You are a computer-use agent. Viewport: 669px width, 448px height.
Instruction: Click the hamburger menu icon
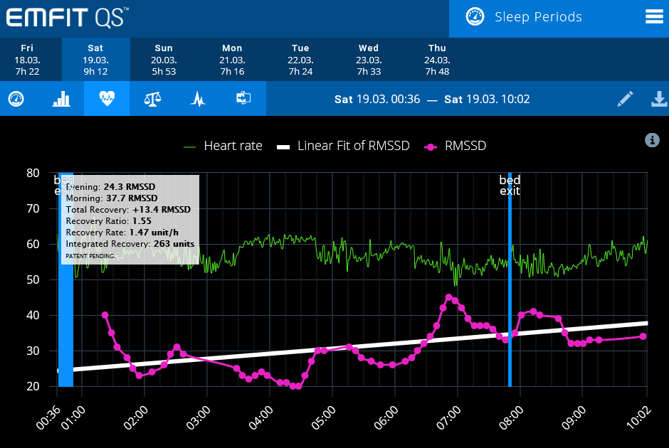pyautogui.click(x=654, y=17)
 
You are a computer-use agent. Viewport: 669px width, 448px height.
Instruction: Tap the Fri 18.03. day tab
pyautogui.click(x=27, y=59)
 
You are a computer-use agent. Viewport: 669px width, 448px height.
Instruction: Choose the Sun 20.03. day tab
pyautogui.click(x=164, y=59)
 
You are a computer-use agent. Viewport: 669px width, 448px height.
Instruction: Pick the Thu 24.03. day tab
pyautogui.click(x=437, y=59)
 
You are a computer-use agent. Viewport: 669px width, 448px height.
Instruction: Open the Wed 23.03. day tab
pyautogui.click(x=369, y=59)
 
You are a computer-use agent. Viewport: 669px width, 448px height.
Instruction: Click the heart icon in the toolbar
pyautogui.click(x=107, y=99)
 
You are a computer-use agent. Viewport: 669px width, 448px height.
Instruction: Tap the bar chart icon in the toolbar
pyautogui.click(x=61, y=99)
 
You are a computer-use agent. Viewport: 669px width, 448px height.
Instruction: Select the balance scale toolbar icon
pyautogui.click(x=152, y=99)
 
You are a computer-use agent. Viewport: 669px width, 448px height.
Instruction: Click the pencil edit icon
pyautogui.click(x=625, y=99)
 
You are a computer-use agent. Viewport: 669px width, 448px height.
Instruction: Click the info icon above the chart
pyautogui.click(x=652, y=140)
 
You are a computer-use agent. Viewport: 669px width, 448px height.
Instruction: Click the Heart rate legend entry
pyautogui.click(x=223, y=146)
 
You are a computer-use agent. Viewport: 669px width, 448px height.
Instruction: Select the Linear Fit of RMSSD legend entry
pyautogui.click(x=344, y=146)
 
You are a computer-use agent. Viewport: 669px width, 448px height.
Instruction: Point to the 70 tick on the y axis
pyautogui.click(x=32, y=208)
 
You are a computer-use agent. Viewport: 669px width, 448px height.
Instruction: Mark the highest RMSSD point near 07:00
pyautogui.click(x=448, y=298)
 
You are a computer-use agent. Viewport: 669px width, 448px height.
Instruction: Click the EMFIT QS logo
pyautogui.click(x=68, y=17)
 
